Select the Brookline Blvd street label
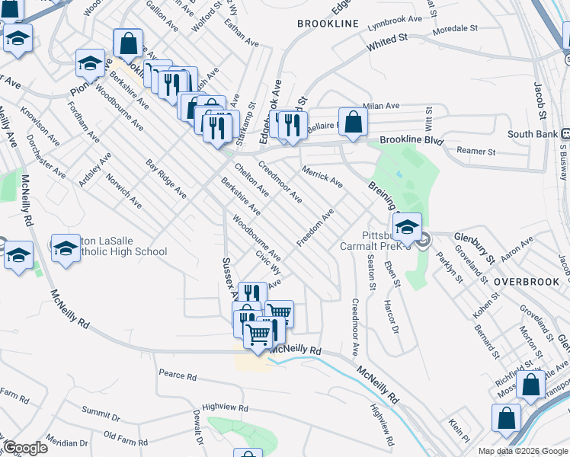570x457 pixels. click(411, 141)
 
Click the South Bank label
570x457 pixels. click(529, 135)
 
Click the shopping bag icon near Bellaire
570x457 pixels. click(353, 122)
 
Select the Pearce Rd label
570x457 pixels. click(178, 376)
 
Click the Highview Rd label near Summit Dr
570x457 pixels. click(226, 408)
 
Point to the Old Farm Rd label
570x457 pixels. click(124, 436)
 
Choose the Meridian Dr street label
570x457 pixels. click(66, 443)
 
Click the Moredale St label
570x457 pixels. click(454, 27)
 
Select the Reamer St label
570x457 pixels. click(476, 151)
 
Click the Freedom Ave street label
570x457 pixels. click(315, 227)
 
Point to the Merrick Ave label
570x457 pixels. click(322, 175)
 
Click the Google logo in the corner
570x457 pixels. click(24, 448)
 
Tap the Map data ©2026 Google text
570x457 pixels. click(523, 451)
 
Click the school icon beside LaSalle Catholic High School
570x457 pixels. click(66, 249)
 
